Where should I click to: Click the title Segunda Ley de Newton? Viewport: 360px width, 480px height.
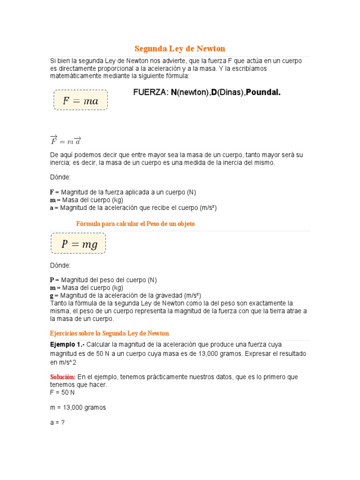180,49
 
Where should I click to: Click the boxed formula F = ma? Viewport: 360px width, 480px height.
81,100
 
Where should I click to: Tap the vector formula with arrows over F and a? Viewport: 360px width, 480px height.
66,140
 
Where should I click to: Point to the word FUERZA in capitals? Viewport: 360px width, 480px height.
150,92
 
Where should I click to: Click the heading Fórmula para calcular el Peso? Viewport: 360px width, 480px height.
135,224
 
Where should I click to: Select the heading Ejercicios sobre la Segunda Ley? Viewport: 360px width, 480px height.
109,333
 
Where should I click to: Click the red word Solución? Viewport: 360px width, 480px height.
63,377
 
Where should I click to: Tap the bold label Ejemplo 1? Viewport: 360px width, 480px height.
67,345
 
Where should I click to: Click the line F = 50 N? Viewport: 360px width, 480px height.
62,392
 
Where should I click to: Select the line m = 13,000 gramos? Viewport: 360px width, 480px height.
78,407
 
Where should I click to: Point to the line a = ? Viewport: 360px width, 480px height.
57,422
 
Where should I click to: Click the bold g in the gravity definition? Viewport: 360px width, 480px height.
52,295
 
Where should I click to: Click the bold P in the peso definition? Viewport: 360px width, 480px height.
52,280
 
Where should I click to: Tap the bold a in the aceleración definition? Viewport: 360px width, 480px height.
52,208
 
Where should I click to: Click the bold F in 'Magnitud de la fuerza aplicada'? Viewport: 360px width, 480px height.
52,192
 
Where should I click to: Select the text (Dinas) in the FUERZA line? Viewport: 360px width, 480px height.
230,92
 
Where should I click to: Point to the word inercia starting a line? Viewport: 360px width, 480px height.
59,163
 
